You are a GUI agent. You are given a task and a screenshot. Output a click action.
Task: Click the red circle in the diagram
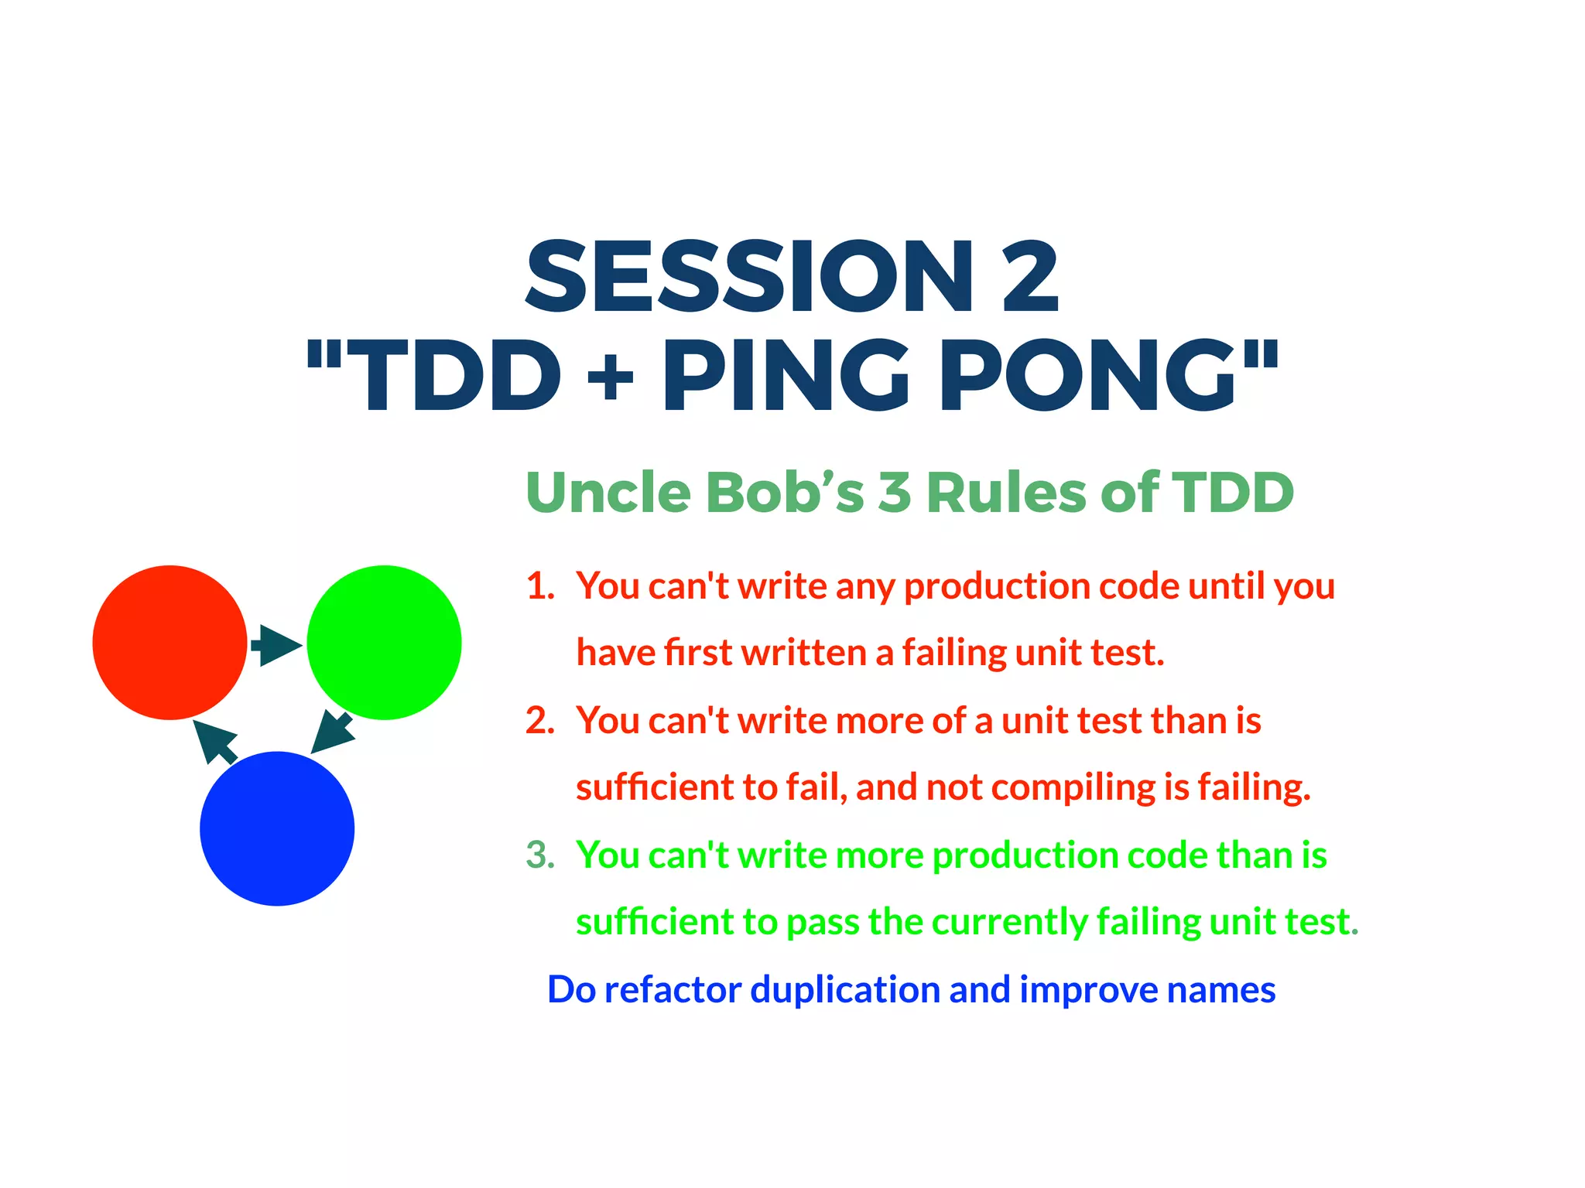click(169, 642)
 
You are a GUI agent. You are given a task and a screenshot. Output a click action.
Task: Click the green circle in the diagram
click(384, 642)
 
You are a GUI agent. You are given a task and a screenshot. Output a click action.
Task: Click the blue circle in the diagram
click(277, 828)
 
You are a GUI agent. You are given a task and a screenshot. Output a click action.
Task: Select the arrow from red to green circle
click(276, 644)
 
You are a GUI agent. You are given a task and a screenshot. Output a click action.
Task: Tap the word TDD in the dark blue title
click(460, 377)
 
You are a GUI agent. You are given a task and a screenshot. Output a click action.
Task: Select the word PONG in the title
click(1088, 377)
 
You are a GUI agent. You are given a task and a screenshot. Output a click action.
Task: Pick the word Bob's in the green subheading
click(784, 492)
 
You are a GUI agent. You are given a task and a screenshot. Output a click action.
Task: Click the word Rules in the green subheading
click(1006, 492)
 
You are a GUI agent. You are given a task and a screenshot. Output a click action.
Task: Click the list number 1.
click(540, 585)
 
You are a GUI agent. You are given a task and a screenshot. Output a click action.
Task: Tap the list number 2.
click(540, 720)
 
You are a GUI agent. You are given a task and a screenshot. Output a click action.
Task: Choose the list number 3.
click(540, 855)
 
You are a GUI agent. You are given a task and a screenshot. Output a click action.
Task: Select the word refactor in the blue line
click(673, 989)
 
